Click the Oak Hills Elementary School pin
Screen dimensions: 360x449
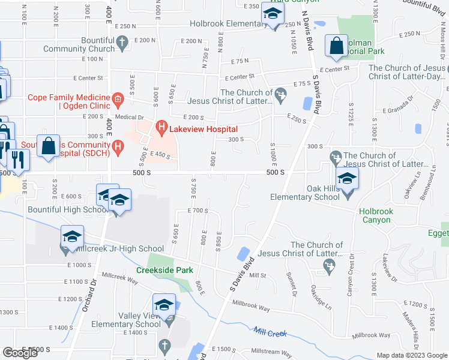(347, 179)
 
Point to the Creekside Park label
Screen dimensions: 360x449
(164, 270)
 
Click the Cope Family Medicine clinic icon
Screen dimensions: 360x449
(118, 98)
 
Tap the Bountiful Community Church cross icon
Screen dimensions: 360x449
(122, 42)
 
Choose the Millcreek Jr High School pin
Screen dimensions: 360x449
(72, 238)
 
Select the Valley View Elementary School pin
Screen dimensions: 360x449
(164, 306)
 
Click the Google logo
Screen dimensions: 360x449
(20, 353)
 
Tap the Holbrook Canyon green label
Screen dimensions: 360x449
(383, 215)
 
